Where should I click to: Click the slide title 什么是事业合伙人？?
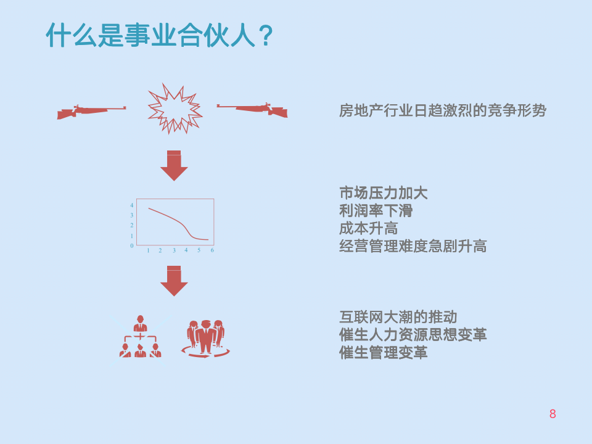pyautogui.click(x=159, y=35)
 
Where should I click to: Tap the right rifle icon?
pyautogui.click(x=253, y=109)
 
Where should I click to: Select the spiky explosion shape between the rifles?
pyautogui.click(x=175, y=109)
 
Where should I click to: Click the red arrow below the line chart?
pyautogui.click(x=174, y=281)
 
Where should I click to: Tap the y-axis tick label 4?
pyautogui.click(x=131, y=205)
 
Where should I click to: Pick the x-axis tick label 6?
pyautogui.click(x=212, y=250)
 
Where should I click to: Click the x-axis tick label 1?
pyautogui.click(x=148, y=250)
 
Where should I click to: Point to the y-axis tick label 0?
pyautogui.click(x=131, y=245)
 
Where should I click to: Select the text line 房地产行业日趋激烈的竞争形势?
pyautogui.click(x=442, y=111)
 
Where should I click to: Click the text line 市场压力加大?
pyautogui.click(x=383, y=192)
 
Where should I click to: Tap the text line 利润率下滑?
pyautogui.click(x=376, y=210)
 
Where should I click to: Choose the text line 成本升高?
pyautogui.click(x=368, y=228)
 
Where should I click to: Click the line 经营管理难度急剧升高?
pyautogui.click(x=413, y=246)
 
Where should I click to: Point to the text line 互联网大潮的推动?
pyautogui.click(x=398, y=317)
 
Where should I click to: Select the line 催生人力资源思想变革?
pyautogui.click(x=413, y=335)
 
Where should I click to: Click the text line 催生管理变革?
pyautogui.click(x=383, y=353)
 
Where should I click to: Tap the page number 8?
pyautogui.click(x=553, y=414)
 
